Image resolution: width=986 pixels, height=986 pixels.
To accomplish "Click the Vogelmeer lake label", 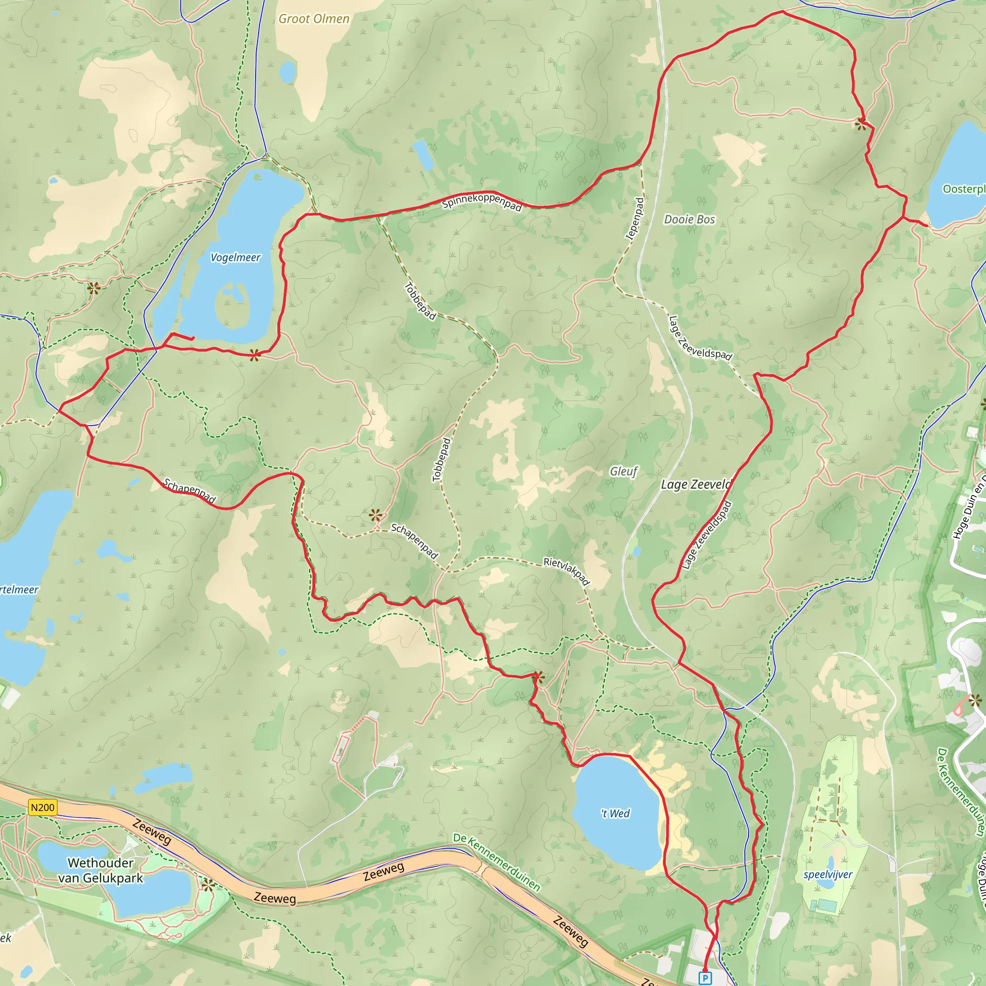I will click(x=235, y=257).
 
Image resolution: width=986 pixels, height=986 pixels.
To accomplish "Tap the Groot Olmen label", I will click(x=314, y=19).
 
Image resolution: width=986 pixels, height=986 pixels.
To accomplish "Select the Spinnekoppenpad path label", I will click(x=482, y=202).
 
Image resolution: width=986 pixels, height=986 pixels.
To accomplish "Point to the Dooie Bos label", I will click(x=689, y=220).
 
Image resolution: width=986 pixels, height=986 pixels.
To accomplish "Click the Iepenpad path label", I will click(x=635, y=219).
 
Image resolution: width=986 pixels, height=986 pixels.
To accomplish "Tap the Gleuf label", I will click(x=623, y=471).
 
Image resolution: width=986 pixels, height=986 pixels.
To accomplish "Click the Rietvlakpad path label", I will click(x=567, y=571).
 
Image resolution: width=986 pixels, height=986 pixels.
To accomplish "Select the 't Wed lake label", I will click(x=615, y=814).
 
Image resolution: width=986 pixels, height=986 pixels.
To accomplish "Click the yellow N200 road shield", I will click(x=42, y=807).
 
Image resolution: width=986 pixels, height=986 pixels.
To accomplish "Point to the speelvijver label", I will click(x=827, y=874).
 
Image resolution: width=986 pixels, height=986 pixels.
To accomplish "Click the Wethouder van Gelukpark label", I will click(x=101, y=870).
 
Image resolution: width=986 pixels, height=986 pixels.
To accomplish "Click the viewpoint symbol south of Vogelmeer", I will click(x=254, y=355).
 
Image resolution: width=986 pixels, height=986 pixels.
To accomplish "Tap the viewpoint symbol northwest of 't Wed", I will click(x=538, y=678).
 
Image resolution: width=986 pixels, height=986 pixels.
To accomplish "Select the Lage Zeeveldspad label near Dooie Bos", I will click(x=700, y=338).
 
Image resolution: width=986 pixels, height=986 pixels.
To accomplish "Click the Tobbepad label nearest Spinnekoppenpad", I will click(x=420, y=301).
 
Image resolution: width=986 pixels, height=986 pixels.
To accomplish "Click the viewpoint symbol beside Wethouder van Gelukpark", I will click(x=208, y=885).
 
